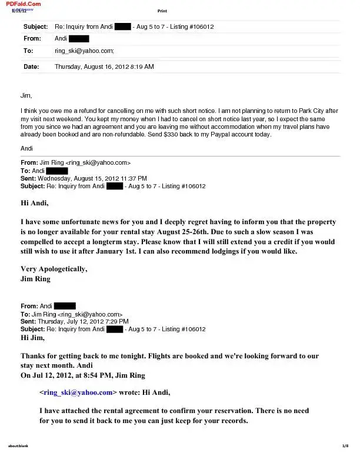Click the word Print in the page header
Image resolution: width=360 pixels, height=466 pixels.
pyautogui.click(x=162, y=11)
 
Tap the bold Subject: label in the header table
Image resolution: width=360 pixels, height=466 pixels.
pyautogui.click(x=35, y=27)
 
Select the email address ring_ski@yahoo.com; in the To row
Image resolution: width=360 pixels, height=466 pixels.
pyautogui.click(x=84, y=51)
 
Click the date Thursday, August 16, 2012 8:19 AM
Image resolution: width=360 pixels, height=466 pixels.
pyautogui.click(x=104, y=67)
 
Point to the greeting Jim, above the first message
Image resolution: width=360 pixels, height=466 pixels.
pyautogui.click(x=26, y=95)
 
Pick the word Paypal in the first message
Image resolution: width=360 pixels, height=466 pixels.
pyautogui.click(x=230, y=134)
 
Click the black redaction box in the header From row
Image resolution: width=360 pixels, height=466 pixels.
pyautogui.click(x=79, y=39)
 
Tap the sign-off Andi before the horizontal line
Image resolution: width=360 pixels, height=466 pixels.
pyautogui.click(x=26, y=148)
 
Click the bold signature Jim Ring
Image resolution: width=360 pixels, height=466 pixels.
pyautogui.click(x=35, y=279)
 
